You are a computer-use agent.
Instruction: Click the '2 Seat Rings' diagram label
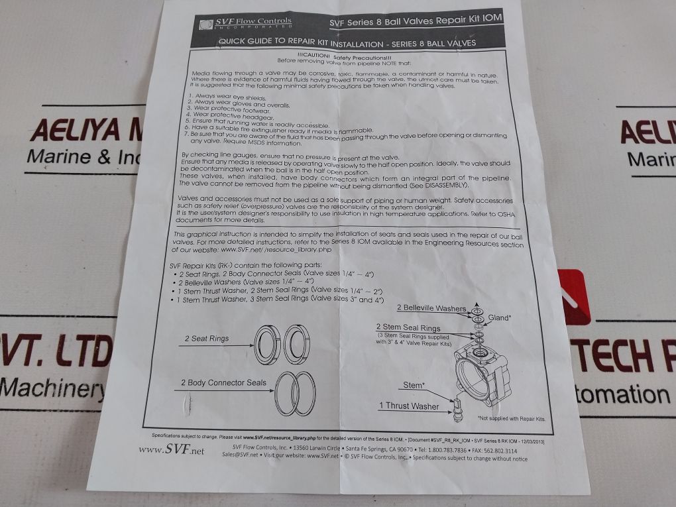pyautogui.click(x=207, y=339)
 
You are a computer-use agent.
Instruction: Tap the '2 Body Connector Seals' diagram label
pyautogui.click(x=223, y=382)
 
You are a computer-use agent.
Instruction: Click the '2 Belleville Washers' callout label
pyautogui.click(x=431, y=308)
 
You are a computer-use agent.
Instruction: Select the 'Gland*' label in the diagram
pyautogui.click(x=500, y=318)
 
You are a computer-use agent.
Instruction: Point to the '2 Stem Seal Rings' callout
pyautogui.click(x=408, y=328)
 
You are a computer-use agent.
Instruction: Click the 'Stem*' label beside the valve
pyautogui.click(x=413, y=385)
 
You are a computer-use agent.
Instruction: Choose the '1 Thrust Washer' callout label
pyautogui.click(x=409, y=406)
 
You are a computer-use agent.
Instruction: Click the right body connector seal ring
pyautogui.click(x=305, y=392)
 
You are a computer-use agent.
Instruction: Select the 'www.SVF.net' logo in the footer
pyautogui.click(x=162, y=450)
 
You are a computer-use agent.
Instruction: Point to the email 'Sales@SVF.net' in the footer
pyautogui.click(x=243, y=456)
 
